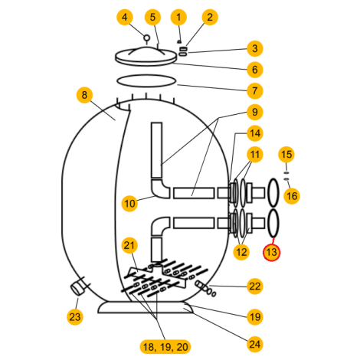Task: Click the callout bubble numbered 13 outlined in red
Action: tap(271, 252)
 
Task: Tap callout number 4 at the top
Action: tap(125, 17)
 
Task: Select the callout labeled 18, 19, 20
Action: tap(165, 347)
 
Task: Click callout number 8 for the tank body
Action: tap(84, 95)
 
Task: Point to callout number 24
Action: tap(255, 344)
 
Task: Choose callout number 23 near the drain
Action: tap(75, 317)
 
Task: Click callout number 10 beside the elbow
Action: tap(129, 204)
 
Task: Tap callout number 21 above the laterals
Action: tap(129, 245)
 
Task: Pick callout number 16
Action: tap(292, 196)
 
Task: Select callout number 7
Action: tap(255, 90)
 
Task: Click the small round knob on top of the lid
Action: tap(146, 38)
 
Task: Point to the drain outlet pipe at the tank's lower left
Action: tap(77, 288)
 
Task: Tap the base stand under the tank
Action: tap(146, 307)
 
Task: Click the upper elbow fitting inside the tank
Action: tap(160, 189)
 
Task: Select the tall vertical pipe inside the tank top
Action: tap(156, 150)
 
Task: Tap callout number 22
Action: tap(255, 286)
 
